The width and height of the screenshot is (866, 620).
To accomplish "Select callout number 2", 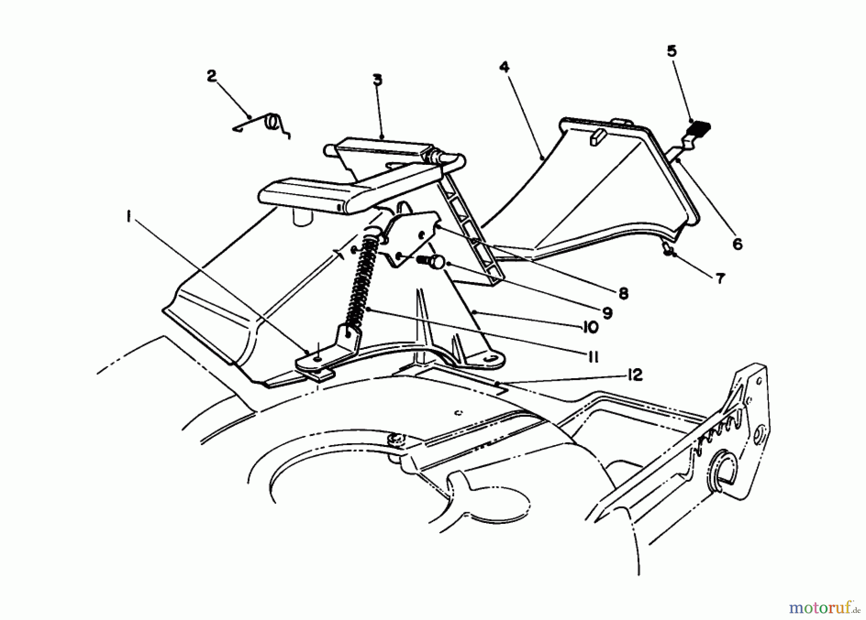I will coord(212,76).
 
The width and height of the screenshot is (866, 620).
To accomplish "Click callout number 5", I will coord(672,51).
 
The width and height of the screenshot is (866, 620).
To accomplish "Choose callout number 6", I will coord(737,244).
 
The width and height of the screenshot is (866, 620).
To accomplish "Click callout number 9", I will coord(607,313).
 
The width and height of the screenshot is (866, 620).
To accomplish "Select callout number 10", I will coord(590,328).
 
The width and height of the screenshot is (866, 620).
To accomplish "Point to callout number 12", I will coord(635,375).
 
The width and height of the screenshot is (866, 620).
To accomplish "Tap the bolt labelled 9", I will coord(431,262).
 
